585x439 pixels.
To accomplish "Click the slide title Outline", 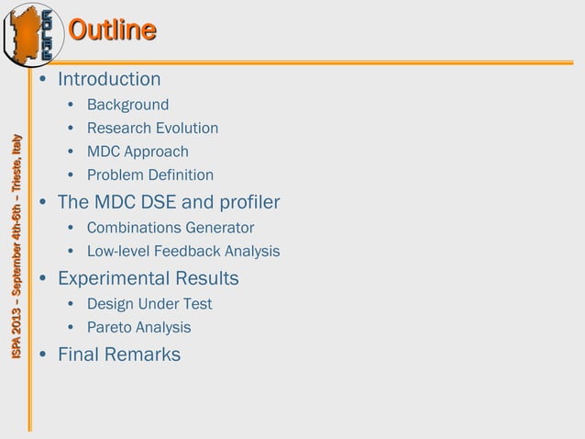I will tap(112, 30).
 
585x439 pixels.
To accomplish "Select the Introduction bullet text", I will tap(109, 79).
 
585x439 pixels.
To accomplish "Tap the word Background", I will tap(127, 105).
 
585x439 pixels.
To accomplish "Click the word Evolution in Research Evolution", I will tap(187, 129).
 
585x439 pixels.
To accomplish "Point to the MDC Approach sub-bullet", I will tap(138, 152).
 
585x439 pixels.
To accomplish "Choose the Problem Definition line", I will tap(150, 174).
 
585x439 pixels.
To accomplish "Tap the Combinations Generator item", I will tap(171, 227).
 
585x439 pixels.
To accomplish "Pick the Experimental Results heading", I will tap(148, 277).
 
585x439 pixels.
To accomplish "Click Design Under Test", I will tap(149, 303).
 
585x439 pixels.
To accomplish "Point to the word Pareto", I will tap(110, 327).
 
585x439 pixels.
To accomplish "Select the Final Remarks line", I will tap(119, 354).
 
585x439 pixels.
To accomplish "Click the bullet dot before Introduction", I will tap(43, 80).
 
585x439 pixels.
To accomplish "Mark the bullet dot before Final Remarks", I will tap(43, 355).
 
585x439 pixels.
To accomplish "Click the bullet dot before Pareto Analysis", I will tap(71, 328).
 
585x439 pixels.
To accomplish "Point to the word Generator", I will tap(221, 227).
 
